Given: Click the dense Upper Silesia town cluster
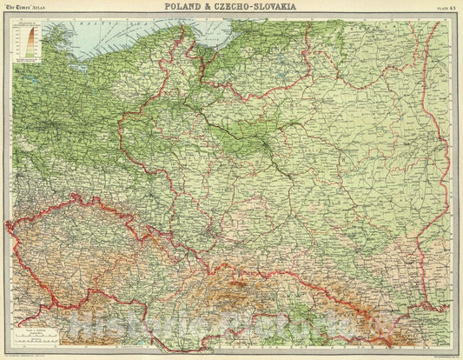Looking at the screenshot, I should [x=208, y=233].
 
